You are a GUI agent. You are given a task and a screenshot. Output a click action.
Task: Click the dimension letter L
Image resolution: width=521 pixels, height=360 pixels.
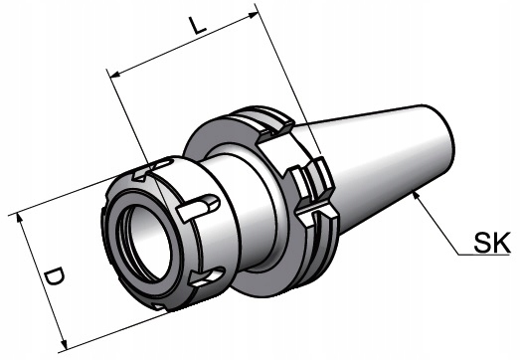[x=198, y=25]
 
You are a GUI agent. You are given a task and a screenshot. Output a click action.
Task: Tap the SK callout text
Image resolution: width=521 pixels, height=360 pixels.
[x=492, y=243]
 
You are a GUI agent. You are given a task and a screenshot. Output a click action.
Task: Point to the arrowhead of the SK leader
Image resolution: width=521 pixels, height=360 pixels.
[x=416, y=196]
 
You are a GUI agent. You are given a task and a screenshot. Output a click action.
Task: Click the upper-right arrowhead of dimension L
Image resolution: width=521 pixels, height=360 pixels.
[x=254, y=14]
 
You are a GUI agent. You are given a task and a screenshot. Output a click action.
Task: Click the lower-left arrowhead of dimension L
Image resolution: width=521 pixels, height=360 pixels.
[x=115, y=75]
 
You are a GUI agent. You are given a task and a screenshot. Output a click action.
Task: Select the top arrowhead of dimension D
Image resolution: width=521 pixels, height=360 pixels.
[x=20, y=218]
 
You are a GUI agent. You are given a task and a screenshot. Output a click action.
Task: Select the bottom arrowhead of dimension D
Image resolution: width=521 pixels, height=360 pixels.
[x=64, y=344]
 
